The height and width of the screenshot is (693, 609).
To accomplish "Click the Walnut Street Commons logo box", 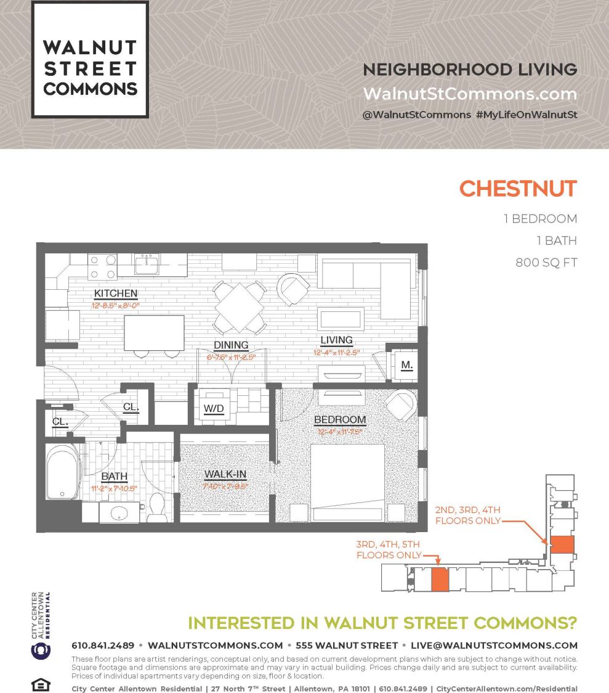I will (x=90, y=59).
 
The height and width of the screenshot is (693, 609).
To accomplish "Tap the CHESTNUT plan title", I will (x=518, y=189).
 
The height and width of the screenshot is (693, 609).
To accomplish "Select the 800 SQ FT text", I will (x=546, y=263).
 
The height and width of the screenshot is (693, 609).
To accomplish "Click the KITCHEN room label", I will (x=115, y=293).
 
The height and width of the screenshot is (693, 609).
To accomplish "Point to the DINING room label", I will (x=231, y=345).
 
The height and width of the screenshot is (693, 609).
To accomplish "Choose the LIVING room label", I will (x=336, y=340).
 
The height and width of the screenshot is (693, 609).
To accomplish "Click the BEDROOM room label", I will (x=340, y=420).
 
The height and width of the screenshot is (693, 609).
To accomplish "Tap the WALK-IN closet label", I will (x=225, y=474).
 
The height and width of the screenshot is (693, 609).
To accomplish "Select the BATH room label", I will (x=114, y=476).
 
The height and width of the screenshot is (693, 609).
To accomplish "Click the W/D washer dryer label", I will (x=214, y=408).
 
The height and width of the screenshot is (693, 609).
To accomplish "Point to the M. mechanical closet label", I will (x=406, y=364).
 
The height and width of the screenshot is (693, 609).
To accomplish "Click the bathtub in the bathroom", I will (x=62, y=472).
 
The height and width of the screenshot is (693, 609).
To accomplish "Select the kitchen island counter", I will (x=154, y=332).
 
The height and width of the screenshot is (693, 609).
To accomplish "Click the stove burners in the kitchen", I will (x=102, y=267).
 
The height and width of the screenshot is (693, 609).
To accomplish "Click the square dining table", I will (x=239, y=306).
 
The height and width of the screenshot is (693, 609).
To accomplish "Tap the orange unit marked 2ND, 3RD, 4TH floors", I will (x=562, y=544).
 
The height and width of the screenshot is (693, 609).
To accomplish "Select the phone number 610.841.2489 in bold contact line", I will (x=103, y=646).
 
